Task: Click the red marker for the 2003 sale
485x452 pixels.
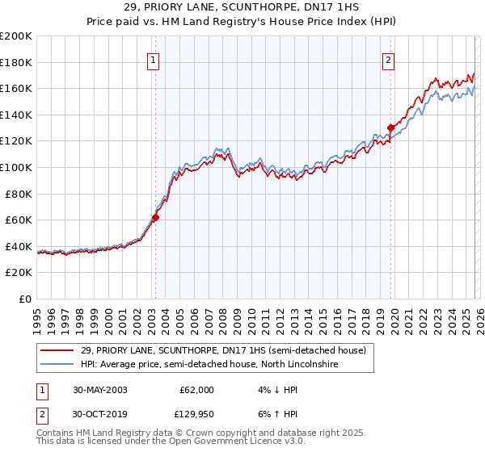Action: (x=155, y=217)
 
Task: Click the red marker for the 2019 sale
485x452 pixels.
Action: (x=390, y=128)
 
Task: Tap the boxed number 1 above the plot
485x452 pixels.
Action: (x=154, y=59)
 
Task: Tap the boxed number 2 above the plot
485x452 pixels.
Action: (x=389, y=59)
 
